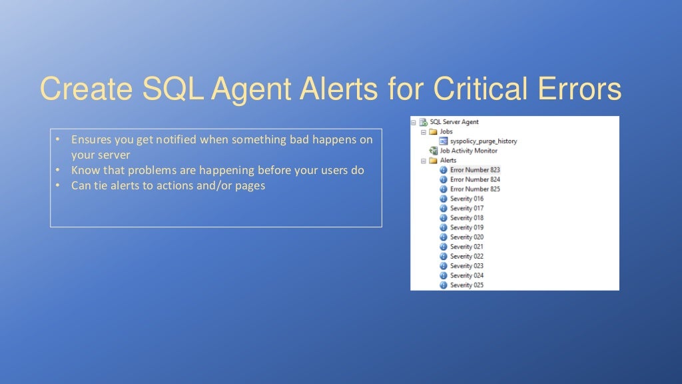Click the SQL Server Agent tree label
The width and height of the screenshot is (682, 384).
pos(454,122)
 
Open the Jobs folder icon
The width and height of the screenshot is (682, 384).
pos(434,132)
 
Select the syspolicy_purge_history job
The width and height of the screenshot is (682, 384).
pos(484,141)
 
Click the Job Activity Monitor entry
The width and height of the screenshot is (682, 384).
pos(469,151)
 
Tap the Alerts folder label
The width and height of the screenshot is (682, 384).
pos(448,161)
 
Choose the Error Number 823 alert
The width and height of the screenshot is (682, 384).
pos(475,170)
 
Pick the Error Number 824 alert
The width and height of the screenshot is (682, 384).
pos(475,179)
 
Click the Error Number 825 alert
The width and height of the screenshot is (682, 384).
pos(475,189)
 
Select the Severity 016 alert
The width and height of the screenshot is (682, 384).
pos(467,199)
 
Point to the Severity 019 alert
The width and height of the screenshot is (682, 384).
pos(467,227)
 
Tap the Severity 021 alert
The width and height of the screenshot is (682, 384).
pos(467,247)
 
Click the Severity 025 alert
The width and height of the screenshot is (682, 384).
pos(467,285)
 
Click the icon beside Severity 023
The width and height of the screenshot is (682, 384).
pos(444,266)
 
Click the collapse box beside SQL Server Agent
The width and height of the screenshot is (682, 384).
pos(414,123)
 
